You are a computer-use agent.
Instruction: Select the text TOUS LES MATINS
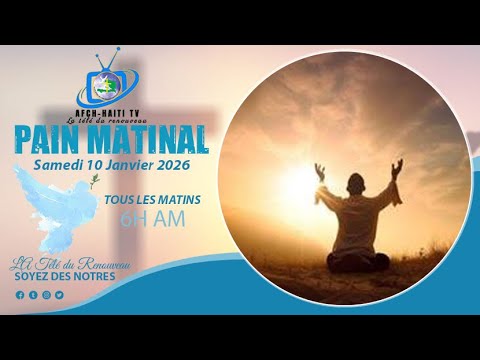[x=152, y=200]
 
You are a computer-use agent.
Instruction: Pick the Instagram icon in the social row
[x=46, y=295]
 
